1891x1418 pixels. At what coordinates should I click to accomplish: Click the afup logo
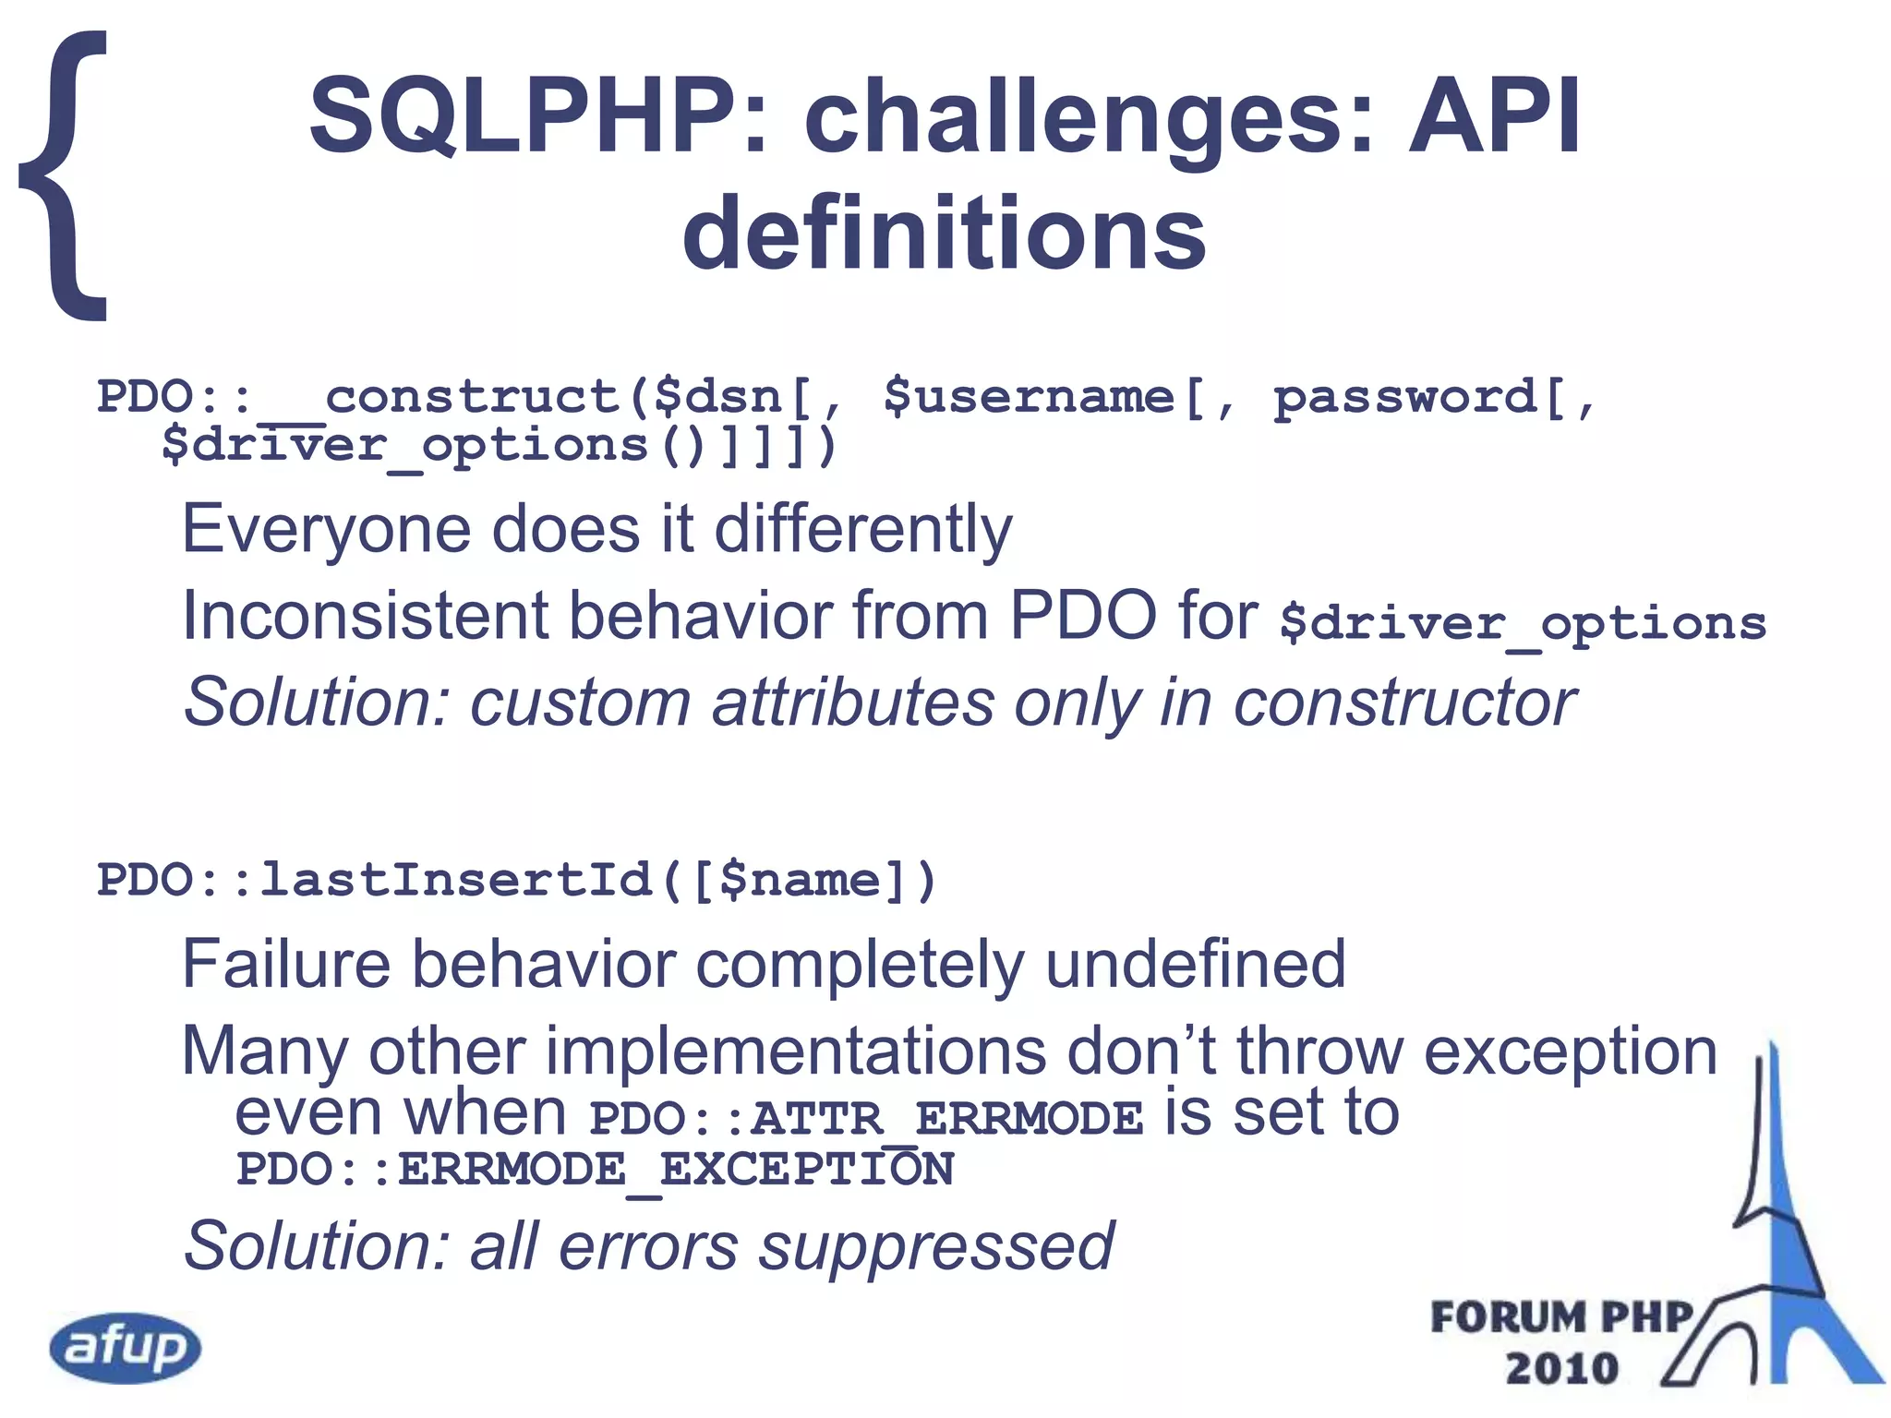coord(126,1347)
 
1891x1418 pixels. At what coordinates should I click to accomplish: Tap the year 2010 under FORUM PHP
coord(1562,1368)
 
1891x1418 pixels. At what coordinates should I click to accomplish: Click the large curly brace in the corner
coord(65,175)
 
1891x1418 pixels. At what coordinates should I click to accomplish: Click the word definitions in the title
coord(944,233)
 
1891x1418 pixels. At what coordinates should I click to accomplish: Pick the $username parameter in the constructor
coord(1029,397)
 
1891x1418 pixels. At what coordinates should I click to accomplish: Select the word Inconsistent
coord(365,616)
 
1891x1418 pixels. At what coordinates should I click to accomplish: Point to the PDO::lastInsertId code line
coord(517,879)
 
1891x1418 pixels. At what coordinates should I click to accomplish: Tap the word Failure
coord(287,964)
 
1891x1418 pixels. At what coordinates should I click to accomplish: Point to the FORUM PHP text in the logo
coord(1560,1317)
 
